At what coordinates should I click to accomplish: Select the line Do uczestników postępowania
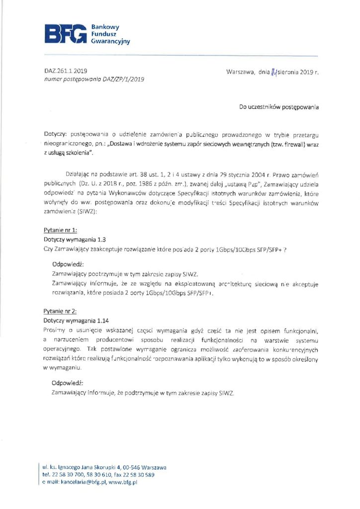[x=279, y=107]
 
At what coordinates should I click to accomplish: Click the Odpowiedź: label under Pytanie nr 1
[x=68, y=264]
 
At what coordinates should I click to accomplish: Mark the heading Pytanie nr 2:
[x=60, y=311]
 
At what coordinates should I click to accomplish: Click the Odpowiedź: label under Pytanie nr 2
[x=68, y=383]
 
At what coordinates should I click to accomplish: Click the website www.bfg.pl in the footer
[x=123, y=482]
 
